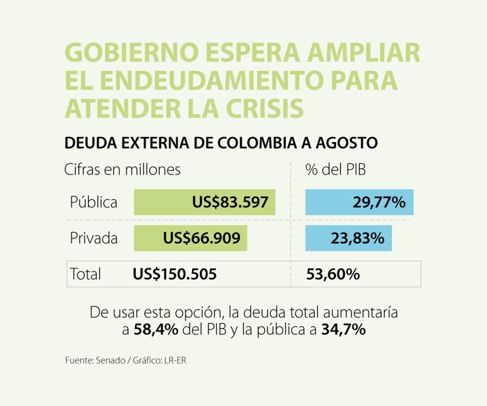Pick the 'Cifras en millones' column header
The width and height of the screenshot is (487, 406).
click(x=122, y=170)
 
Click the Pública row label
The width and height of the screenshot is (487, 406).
click(x=94, y=202)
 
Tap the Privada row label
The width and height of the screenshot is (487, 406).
click(x=94, y=239)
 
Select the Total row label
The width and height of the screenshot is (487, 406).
click(x=86, y=274)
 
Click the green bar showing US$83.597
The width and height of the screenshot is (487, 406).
click(x=204, y=202)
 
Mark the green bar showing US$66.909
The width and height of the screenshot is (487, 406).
click(x=190, y=239)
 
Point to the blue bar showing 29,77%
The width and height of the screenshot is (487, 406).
click(x=360, y=202)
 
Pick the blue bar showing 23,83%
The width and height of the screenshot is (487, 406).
click(x=348, y=239)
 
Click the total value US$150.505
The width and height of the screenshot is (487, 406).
click(x=175, y=274)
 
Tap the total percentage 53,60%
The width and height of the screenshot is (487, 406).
click(x=333, y=274)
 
